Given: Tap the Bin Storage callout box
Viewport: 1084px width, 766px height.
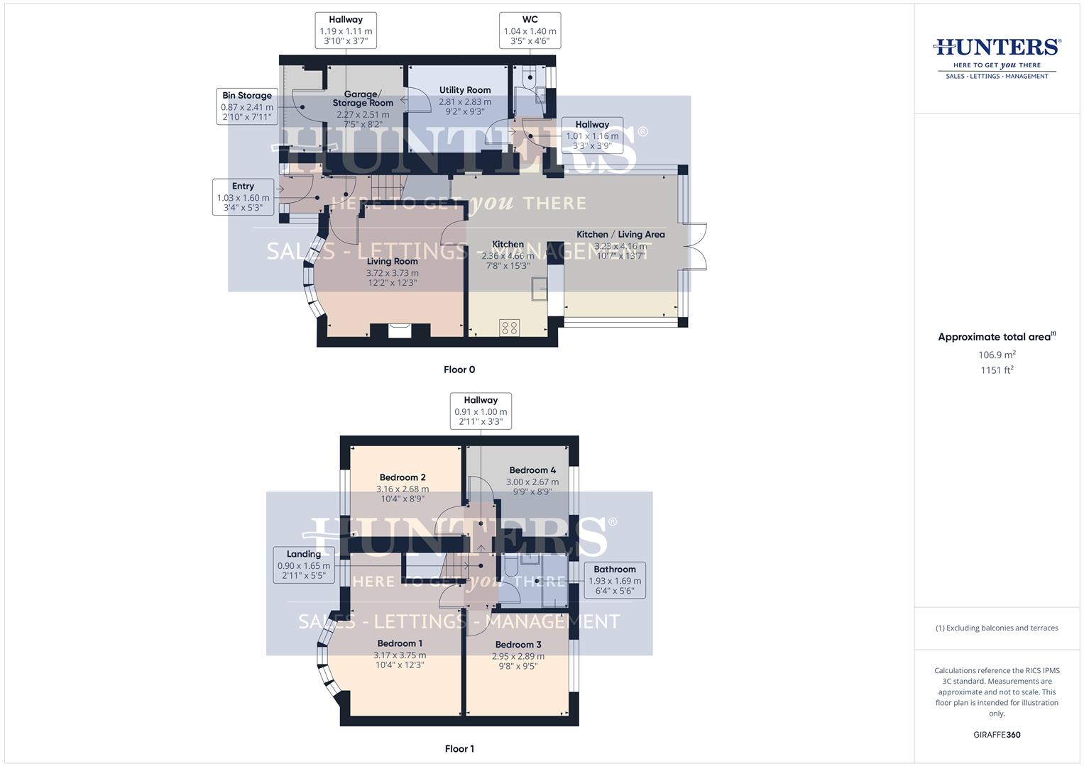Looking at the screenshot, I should coord(246,106).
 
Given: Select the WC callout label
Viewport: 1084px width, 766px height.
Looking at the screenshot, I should coord(530,30).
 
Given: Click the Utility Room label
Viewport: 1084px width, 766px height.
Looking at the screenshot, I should coord(464,90).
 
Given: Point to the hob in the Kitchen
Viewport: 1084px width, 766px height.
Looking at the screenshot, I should coord(509,327).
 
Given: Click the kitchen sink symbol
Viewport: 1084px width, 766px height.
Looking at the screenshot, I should coord(540,286).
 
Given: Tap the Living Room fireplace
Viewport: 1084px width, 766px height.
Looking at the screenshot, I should coord(400,330).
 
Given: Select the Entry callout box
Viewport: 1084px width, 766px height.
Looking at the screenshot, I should coord(243,197).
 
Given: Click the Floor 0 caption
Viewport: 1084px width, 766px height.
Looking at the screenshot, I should coord(459,370).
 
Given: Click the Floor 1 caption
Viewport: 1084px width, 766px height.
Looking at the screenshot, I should coord(459,749).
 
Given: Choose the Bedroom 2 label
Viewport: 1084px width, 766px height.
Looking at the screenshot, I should coord(402,477).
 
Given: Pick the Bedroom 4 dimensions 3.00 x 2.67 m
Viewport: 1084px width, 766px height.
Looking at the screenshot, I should coord(532,482).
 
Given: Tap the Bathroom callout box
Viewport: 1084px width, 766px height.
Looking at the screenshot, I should coord(614,579).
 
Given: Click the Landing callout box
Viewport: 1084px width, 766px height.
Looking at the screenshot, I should coord(304,565).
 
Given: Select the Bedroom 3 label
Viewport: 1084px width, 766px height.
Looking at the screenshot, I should coord(518,645).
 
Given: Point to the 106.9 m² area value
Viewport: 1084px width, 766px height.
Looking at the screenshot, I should coord(997,355).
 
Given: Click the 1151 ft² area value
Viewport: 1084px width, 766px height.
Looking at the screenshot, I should coord(997,370).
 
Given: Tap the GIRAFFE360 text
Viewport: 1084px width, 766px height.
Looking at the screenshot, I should coord(997,735).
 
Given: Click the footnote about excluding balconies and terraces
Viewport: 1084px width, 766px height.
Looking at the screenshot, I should coord(997,628).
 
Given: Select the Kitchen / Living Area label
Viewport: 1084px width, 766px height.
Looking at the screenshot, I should coord(620,234).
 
